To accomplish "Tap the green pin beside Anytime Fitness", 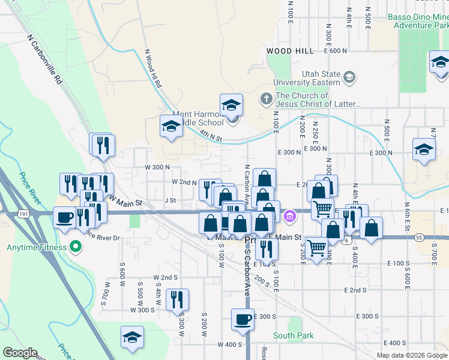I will click(76, 247).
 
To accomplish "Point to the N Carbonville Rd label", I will click(45, 58).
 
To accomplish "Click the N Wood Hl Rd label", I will click(153, 69).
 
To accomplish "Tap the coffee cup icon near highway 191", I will click(64, 217).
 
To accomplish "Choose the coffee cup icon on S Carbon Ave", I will click(243, 319).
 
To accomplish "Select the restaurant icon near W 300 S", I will click(177, 299).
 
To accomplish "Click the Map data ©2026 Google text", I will click(412, 355).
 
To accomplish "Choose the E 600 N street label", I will click(336, 51).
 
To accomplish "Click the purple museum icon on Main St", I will click(291, 215).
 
